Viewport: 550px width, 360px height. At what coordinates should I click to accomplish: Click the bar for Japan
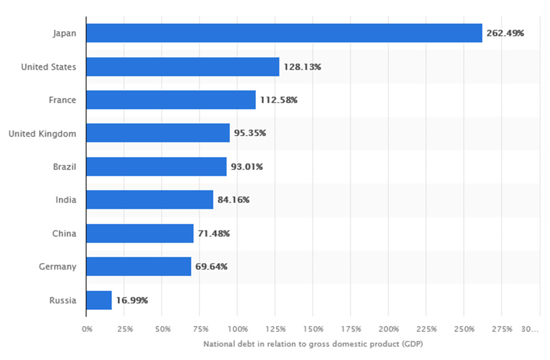coord(284,33)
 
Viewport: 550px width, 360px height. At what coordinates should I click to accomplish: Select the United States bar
coord(183,67)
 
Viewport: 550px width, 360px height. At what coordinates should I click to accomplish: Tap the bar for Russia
coord(99,300)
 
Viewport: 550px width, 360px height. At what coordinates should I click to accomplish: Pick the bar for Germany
coord(139,267)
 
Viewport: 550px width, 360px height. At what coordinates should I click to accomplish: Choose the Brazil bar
coord(156,167)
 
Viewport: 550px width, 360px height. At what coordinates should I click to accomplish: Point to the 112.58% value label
coord(279,100)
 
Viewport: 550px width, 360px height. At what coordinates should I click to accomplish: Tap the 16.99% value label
coord(132,300)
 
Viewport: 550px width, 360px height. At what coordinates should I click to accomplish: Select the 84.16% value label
coord(233,200)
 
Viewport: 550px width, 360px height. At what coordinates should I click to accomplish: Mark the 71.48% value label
coord(214,234)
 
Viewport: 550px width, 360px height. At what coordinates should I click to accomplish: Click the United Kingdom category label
coord(42,134)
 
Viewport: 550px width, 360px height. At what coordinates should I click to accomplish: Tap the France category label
coord(62,100)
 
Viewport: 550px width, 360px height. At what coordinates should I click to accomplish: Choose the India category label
coord(66,200)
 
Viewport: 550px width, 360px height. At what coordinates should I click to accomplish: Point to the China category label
coord(64,234)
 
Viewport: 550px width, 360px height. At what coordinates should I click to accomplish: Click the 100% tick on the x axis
coord(238,329)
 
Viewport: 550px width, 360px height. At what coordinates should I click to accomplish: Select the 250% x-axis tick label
coord(464,329)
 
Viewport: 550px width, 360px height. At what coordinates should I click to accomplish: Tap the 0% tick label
coord(87,329)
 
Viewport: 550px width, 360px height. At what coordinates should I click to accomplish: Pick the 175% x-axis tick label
coord(351,329)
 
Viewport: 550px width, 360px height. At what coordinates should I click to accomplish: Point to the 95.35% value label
coord(250,134)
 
